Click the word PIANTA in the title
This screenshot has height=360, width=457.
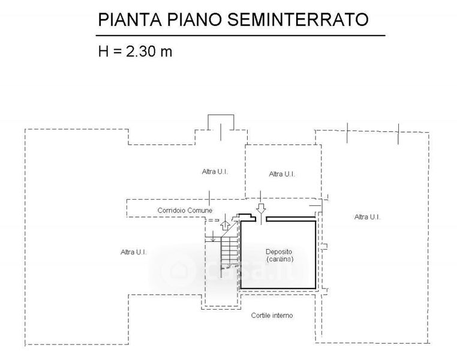point(130,20)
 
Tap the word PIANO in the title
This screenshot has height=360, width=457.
point(194,20)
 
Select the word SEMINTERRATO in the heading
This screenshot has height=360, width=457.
point(298,20)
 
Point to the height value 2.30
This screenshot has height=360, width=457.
point(141,52)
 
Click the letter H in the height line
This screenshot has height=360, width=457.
point(104,52)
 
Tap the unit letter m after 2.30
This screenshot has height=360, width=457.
point(166,53)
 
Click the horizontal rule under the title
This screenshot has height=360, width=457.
point(240,35)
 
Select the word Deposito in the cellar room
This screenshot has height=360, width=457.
point(279,251)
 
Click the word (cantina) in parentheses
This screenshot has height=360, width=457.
point(280,259)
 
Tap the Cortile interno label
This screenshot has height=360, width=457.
point(272,315)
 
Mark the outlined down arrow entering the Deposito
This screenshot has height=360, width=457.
point(261,209)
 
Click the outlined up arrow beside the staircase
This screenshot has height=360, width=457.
point(225,226)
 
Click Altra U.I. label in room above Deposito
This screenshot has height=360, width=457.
point(282,174)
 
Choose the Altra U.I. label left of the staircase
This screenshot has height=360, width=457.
point(134,252)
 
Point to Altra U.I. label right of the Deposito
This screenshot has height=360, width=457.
point(367,217)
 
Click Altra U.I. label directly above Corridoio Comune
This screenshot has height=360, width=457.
point(215,172)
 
